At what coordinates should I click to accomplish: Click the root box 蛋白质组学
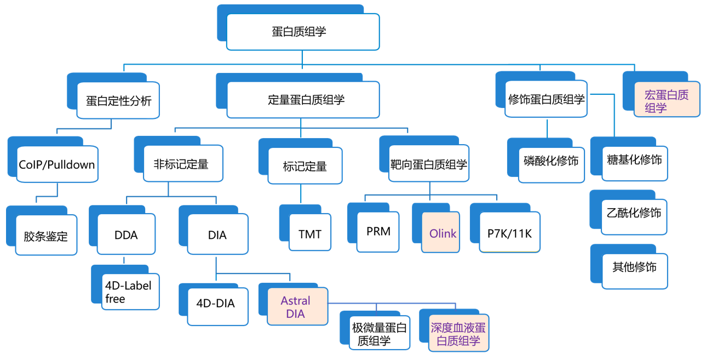pyautogui.click(x=302, y=32)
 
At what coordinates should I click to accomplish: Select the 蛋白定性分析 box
pyautogui.click(x=118, y=100)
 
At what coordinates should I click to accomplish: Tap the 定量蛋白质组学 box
pyautogui.click(x=303, y=100)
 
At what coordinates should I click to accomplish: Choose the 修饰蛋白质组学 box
pyautogui.click(x=546, y=99)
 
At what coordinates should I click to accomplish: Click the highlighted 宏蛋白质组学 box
pyautogui.click(x=667, y=101)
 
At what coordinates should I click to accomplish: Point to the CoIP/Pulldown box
pyautogui.click(x=57, y=164)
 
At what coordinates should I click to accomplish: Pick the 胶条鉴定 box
pyautogui.click(x=45, y=236)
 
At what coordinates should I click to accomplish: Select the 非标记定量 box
pyautogui.click(x=183, y=164)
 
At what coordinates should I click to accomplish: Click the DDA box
pyautogui.click(x=126, y=235)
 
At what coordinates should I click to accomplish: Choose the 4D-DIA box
pyautogui.click(x=215, y=303)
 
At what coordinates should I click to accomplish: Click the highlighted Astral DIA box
pyautogui.click(x=296, y=307)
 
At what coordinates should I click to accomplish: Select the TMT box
pyautogui.click(x=310, y=234)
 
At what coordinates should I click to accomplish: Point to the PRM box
pyautogui.click(x=378, y=232)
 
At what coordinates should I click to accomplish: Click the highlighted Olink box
pyautogui.click(x=443, y=234)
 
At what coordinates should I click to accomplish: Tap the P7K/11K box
pyautogui.click(x=509, y=232)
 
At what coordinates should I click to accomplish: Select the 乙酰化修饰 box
pyautogui.click(x=634, y=213)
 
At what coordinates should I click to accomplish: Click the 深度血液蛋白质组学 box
pyautogui.click(x=458, y=334)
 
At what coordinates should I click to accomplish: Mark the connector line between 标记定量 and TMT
pyautogui.click(x=300, y=195)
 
